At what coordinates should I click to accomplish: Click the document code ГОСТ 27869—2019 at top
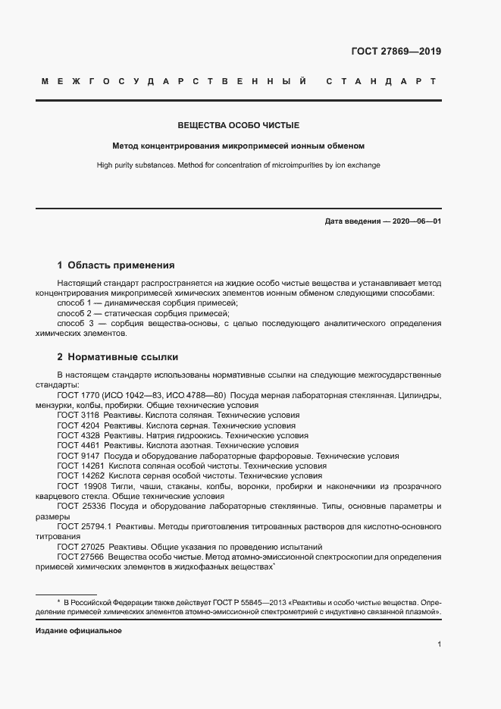tap(396, 52)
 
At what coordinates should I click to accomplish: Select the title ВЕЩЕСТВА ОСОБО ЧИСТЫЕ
tap(238, 125)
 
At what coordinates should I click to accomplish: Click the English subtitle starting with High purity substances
tap(238, 165)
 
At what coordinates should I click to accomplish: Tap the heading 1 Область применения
tap(116, 265)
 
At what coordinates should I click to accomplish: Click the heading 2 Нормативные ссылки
tap(117, 356)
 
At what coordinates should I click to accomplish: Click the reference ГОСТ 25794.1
tap(85, 525)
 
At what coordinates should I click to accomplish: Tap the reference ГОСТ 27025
tap(80, 546)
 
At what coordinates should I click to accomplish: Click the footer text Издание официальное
tap(79, 630)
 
